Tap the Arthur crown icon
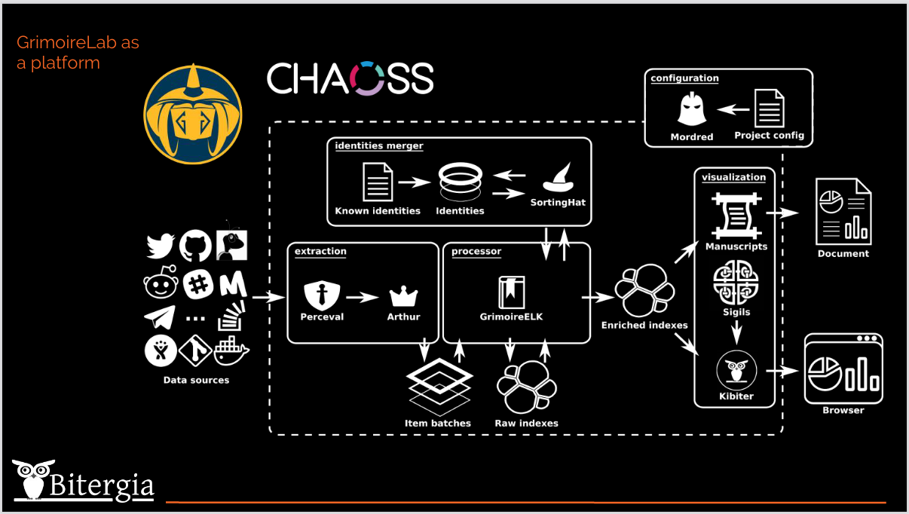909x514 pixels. [x=403, y=295]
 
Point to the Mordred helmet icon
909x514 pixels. [x=691, y=110]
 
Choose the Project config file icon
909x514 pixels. [x=769, y=109]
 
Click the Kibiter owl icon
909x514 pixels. [x=736, y=372]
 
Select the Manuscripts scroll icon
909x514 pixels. [x=736, y=215]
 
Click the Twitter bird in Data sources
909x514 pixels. [x=161, y=246]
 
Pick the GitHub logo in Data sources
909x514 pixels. [x=195, y=246]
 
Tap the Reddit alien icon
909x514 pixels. [x=160, y=283]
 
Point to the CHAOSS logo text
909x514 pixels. [x=350, y=78]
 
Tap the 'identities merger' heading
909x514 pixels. [x=379, y=146]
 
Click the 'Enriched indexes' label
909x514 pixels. [x=644, y=326]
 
